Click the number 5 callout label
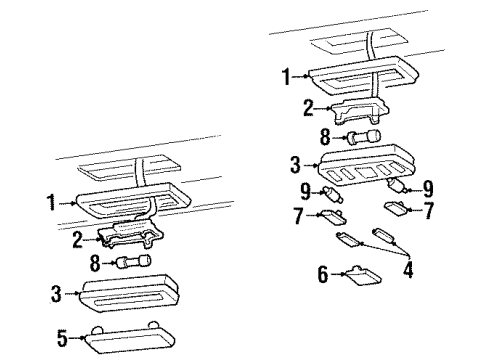[62, 340]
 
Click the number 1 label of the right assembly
[288, 76]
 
